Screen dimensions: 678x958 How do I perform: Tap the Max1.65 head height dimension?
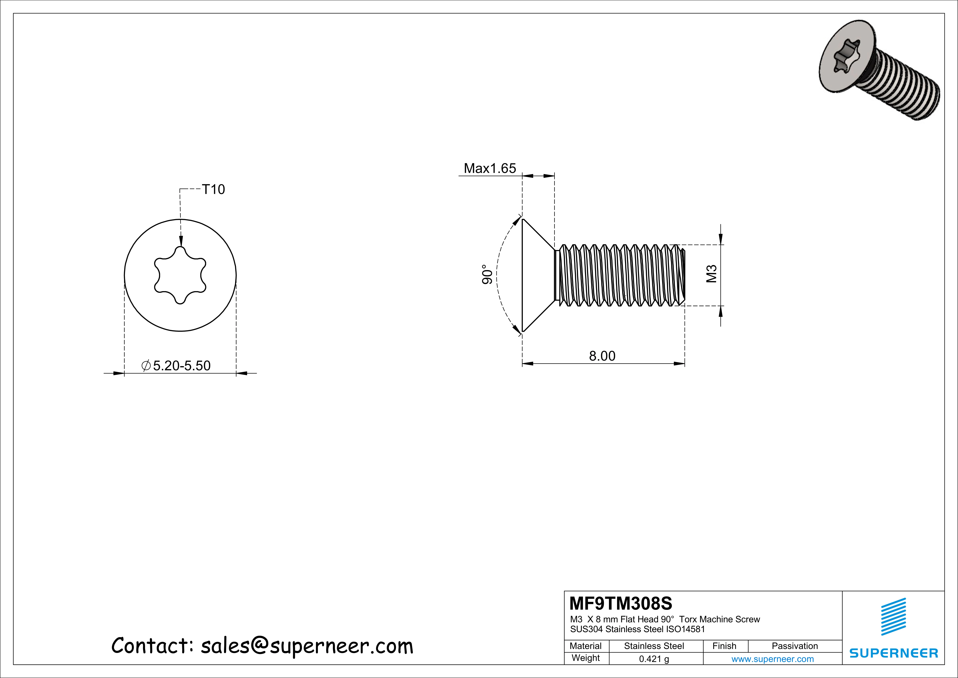[490, 168]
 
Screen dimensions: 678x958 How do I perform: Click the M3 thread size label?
[711, 274]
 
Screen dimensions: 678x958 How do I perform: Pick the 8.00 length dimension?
[602, 356]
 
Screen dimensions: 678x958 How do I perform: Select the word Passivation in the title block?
[794, 646]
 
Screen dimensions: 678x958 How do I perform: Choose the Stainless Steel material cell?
[654, 646]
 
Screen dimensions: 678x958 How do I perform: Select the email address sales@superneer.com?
[307, 646]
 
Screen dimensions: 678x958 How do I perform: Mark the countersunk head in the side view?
[536, 275]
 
